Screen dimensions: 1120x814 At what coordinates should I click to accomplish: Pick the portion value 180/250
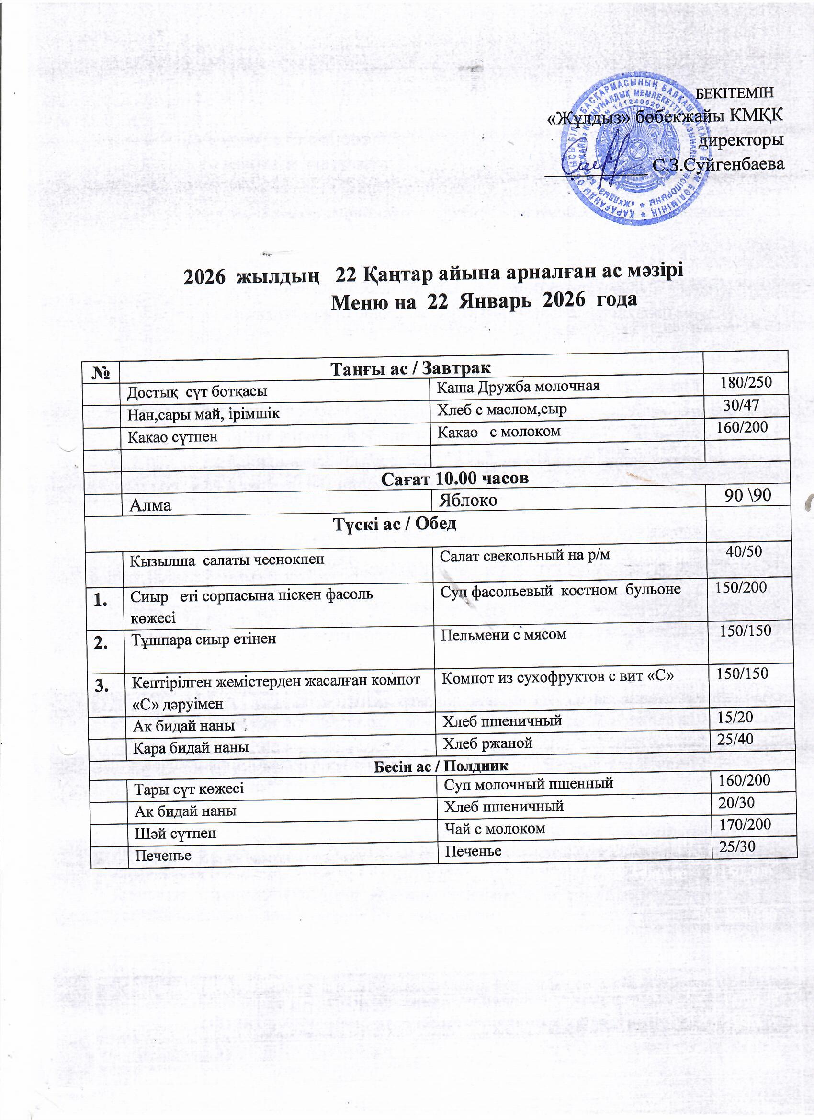click(746, 381)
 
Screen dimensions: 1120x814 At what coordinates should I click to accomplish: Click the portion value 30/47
click(740, 404)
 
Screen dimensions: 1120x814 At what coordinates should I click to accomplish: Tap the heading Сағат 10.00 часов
click(455, 478)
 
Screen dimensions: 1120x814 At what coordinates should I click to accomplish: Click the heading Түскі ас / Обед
click(395, 525)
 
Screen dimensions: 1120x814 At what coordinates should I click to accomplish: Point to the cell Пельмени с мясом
click(504, 634)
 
